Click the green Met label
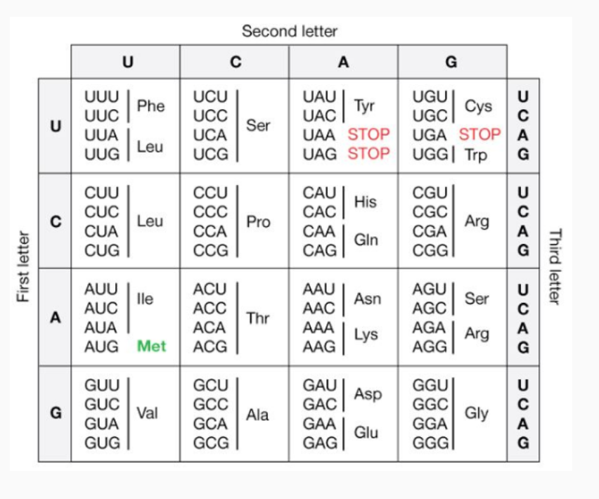[151, 346]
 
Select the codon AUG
[101, 346]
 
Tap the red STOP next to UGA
[479, 134]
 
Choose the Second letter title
[289, 32]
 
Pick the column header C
[236, 62]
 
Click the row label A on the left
[55, 318]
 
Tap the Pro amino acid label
[258, 221]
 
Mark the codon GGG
[430, 443]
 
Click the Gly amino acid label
[476, 413]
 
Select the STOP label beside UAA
[368, 134]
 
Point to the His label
[366, 202]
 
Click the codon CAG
[319, 250]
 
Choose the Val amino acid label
[147, 413]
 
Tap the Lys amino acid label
[366, 335]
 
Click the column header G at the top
[451, 62]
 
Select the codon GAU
[319, 385]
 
